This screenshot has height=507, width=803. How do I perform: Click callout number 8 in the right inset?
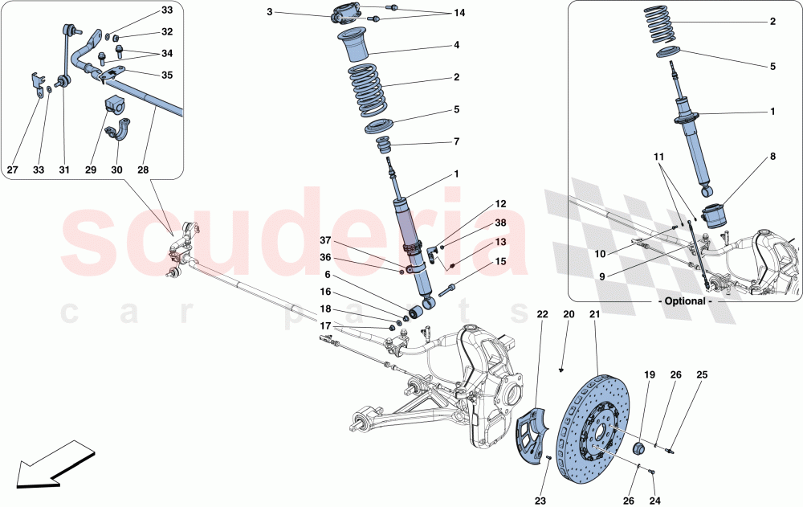tap(772, 158)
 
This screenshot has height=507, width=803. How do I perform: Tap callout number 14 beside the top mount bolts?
tap(459, 13)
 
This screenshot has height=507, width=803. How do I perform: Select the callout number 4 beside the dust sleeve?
tap(456, 45)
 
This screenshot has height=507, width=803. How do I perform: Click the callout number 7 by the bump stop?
tap(456, 141)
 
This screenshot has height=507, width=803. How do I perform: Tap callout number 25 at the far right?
tap(702, 374)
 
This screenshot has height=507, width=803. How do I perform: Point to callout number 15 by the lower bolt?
tap(500, 261)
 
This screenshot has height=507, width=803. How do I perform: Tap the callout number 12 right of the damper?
tap(500, 204)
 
